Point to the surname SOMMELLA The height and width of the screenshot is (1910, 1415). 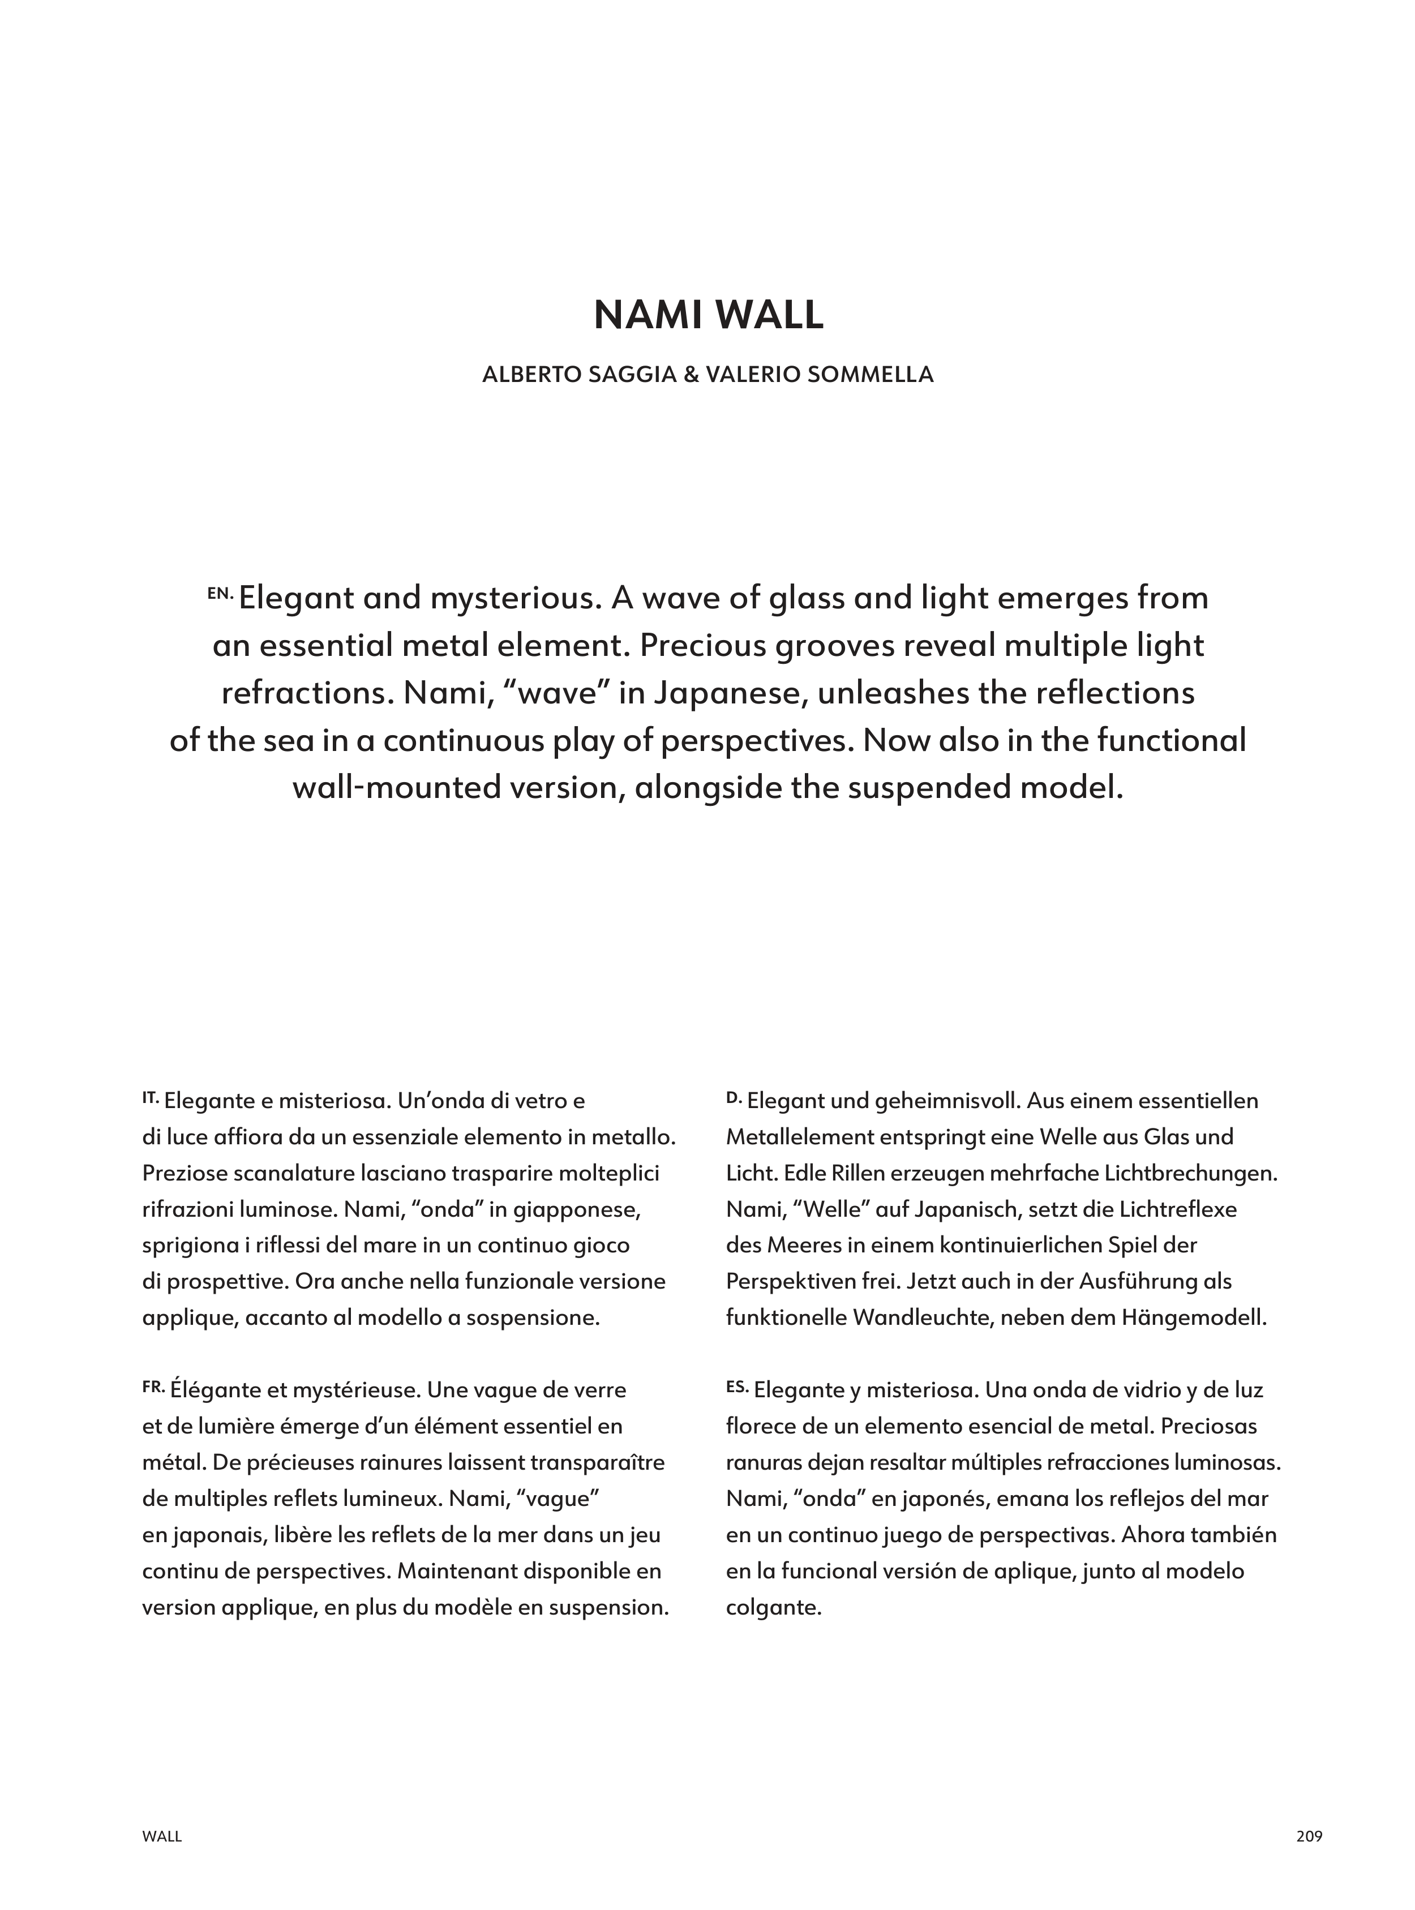tap(877, 375)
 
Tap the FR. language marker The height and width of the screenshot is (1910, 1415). tap(153, 1386)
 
